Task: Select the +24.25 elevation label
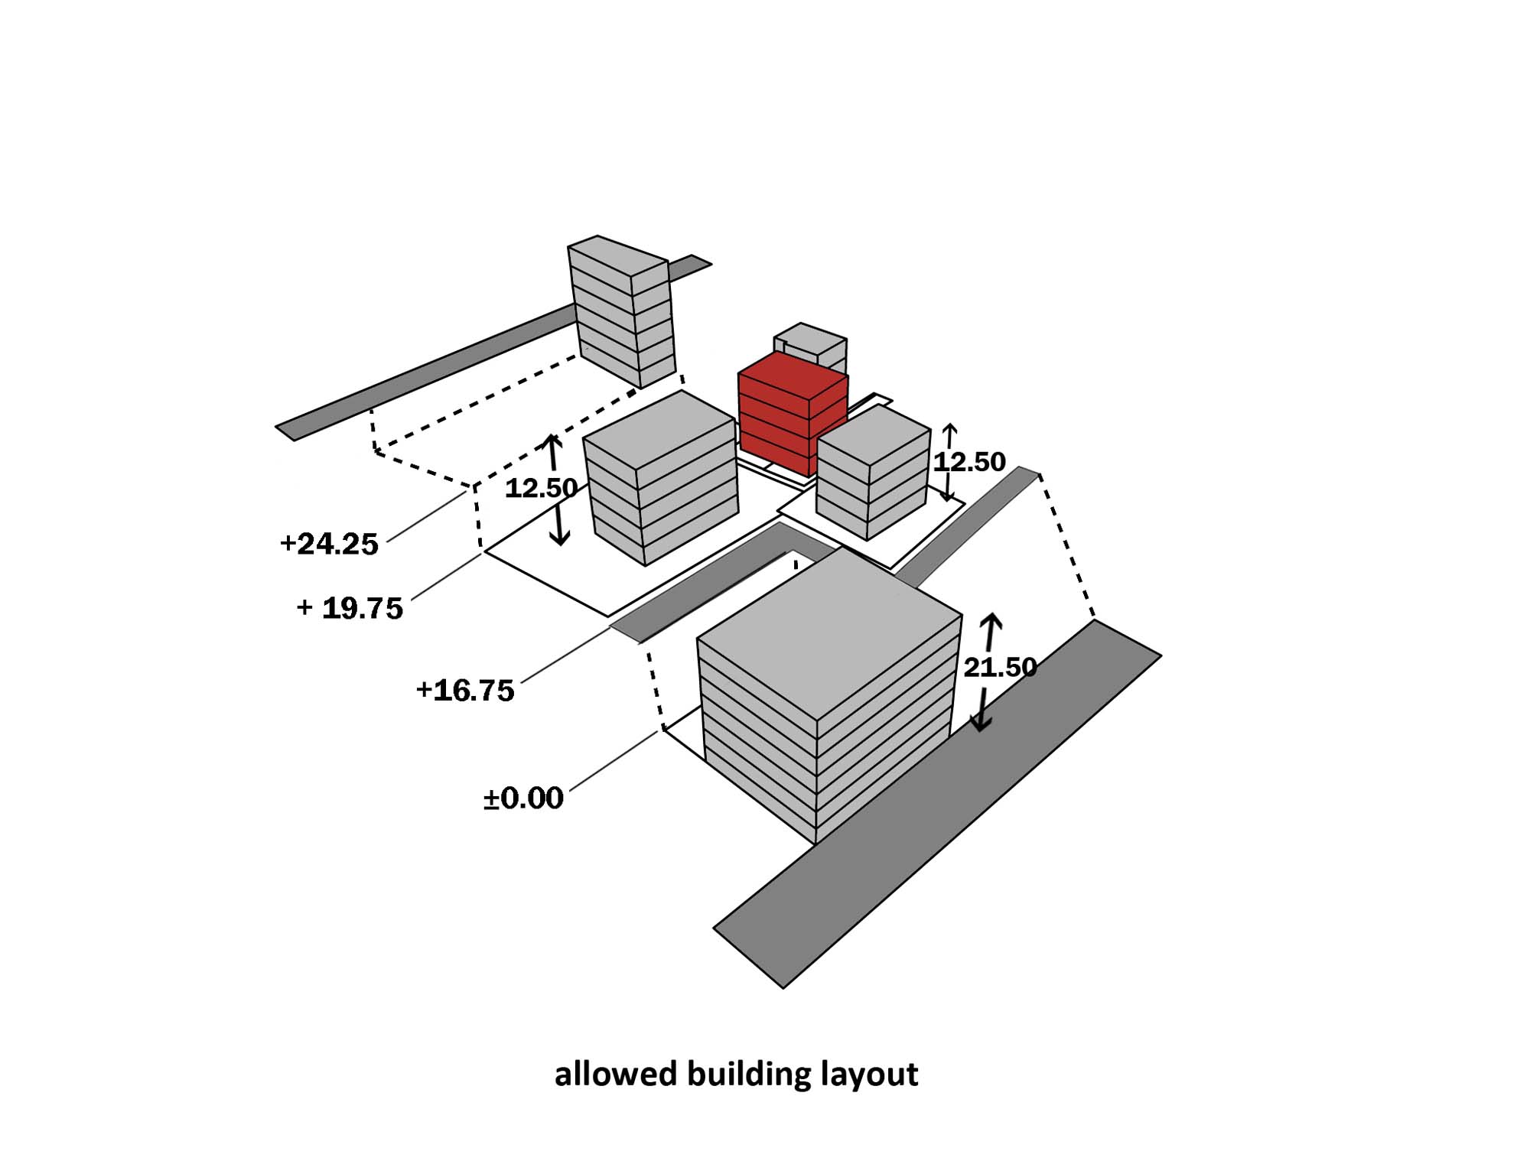point(329,545)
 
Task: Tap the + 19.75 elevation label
point(350,609)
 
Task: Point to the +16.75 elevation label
point(465,691)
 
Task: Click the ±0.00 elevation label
point(523,798)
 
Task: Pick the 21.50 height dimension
point(1000,668)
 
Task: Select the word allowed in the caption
point(615,1075)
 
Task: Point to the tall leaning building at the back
point(621,314)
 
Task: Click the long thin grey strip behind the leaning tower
point(428,375)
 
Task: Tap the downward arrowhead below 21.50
point(980,722)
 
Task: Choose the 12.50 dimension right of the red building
point(969,462)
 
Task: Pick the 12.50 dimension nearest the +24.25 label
point(540,488)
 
